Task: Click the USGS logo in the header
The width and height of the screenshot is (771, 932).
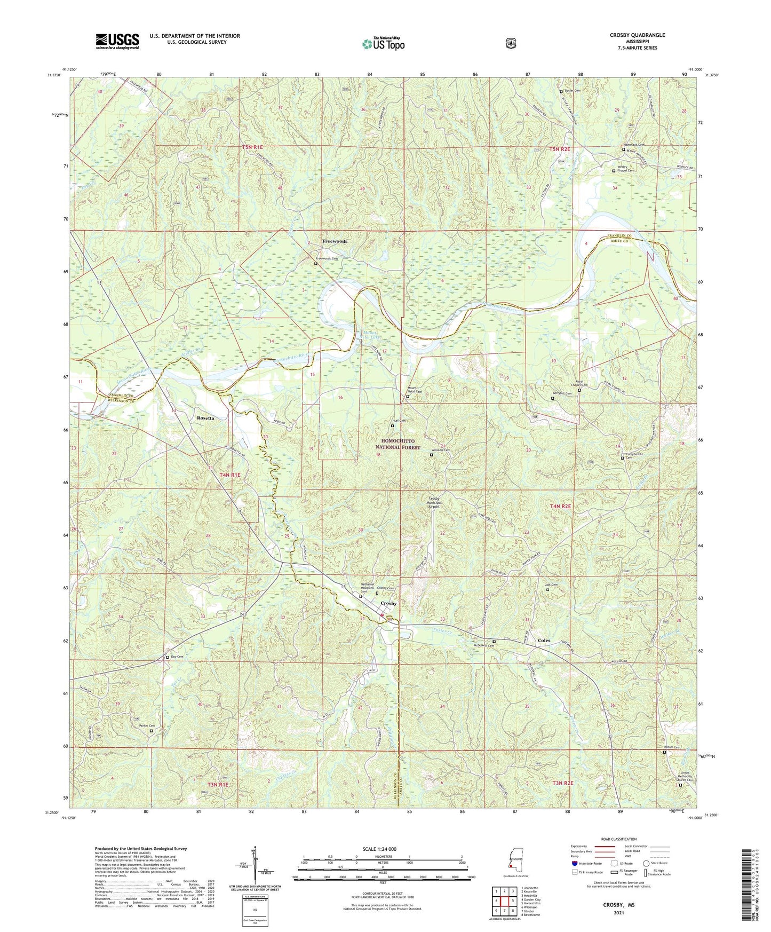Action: (117, 41)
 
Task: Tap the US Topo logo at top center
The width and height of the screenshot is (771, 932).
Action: (383, 44)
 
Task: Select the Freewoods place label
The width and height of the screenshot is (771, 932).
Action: (335, 241)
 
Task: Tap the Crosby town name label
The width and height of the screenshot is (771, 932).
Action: (388, 603)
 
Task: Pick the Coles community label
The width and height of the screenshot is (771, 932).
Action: (544, 641)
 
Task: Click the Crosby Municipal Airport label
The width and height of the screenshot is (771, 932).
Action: (434, 503)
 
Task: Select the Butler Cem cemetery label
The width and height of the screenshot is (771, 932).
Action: (573, 91)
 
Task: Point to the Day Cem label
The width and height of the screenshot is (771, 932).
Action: (177, 657)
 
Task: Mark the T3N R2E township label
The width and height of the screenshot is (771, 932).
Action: (563, 783)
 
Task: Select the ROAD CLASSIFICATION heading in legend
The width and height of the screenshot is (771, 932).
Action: (619, 840)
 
